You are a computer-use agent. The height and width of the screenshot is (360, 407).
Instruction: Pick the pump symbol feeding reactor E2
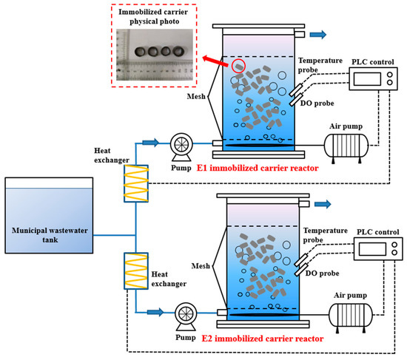tap(181, 314)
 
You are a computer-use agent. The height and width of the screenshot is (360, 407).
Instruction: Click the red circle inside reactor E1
tap(237, 66)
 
